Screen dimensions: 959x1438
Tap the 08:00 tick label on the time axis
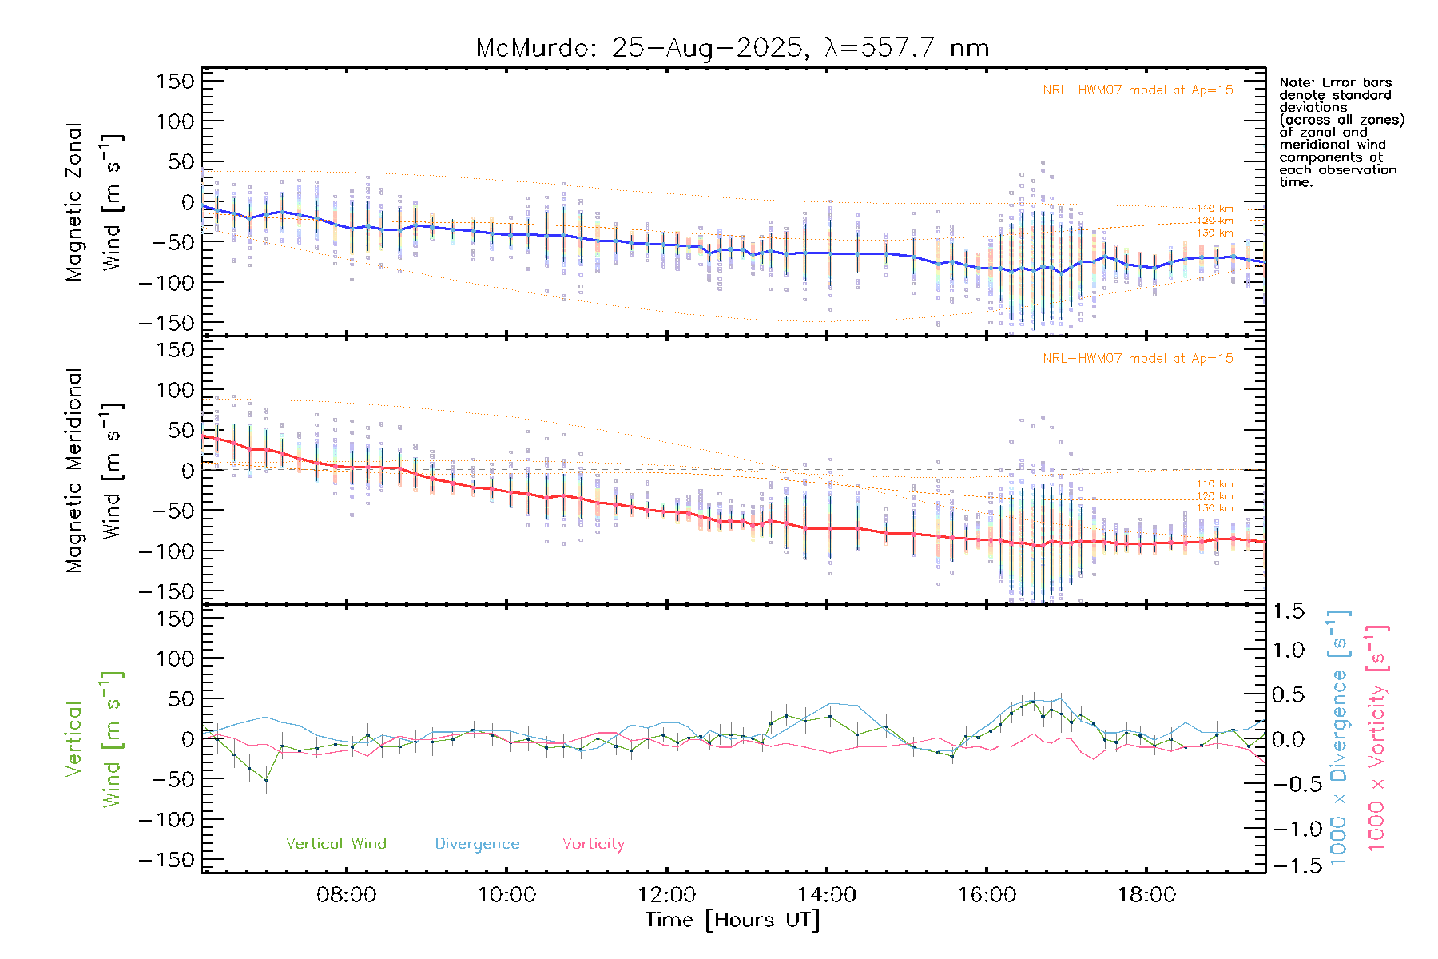(346, 894)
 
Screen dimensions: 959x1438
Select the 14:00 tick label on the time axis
(827, 894)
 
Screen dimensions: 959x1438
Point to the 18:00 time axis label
(1147, 894)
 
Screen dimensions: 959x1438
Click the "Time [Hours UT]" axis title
(733, 920)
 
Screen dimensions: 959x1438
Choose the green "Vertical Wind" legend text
(336, 843)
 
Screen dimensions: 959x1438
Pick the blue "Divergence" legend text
(477, 843)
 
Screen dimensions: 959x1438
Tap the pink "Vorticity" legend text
(593, 843)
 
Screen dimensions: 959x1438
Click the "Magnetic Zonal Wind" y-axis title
(94, 202)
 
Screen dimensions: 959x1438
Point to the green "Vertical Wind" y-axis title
(94, 739)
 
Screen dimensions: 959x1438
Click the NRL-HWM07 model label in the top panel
(1138, 90)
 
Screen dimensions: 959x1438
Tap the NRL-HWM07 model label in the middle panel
(1138, 359)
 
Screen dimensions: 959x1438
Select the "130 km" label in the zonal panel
(1214, 233)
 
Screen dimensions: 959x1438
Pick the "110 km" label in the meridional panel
(1214, 484)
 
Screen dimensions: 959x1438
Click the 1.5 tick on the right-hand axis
(1288, 611)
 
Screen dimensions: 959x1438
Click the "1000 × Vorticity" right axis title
(1376, 738)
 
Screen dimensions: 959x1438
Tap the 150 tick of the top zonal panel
(175, 81)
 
